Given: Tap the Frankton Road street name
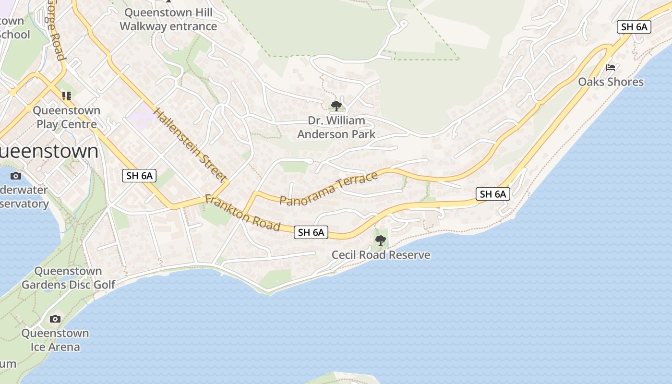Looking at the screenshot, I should point(242,213).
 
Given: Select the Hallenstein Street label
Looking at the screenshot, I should point(190,145).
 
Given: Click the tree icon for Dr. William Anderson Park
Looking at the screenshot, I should point(336,106).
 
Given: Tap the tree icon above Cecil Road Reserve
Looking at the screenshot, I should point(381,240).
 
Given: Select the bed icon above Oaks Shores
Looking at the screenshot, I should point(611,68).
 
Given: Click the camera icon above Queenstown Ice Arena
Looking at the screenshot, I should point(55,319).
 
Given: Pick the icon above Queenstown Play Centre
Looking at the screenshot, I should point(67,96).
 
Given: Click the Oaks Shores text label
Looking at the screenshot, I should point(611,82).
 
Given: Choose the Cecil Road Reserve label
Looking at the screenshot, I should point(381,255).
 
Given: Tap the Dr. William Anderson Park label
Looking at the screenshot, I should point(336,127).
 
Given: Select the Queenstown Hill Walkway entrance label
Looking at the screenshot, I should point(168,19).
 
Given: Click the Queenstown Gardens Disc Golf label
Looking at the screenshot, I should point(68,278).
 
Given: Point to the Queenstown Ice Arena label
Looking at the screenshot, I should point(55,340).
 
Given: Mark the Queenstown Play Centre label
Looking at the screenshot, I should point(67,117).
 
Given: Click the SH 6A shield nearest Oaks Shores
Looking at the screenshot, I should point(634,27).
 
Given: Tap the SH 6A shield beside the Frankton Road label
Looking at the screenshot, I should point(311,233).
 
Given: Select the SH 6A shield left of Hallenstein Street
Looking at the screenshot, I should point(139,176).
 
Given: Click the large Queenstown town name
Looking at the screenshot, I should point(48,151).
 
